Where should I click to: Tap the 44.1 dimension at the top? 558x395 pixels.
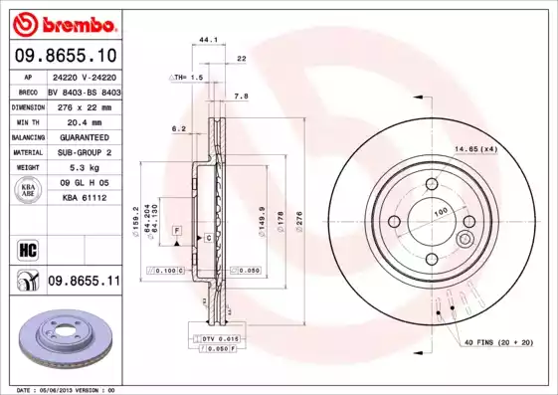[208, 39]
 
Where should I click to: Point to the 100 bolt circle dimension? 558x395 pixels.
[440, 212]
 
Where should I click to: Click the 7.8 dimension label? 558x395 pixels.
[241, 97]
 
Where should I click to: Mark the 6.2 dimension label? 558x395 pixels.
[179, 128]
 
